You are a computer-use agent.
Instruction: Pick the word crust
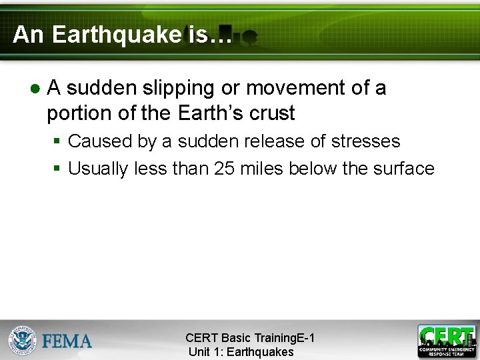click(x=272, y=113)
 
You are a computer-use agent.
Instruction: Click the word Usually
click(x=98, y=169)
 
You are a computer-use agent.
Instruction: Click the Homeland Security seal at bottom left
click(x=22, y=340)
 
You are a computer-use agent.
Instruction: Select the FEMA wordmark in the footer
click(x=67, y=341)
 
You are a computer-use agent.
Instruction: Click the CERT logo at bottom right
click(x=447, y=341)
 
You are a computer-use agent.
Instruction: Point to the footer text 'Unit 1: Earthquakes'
click(x=241, y=352)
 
